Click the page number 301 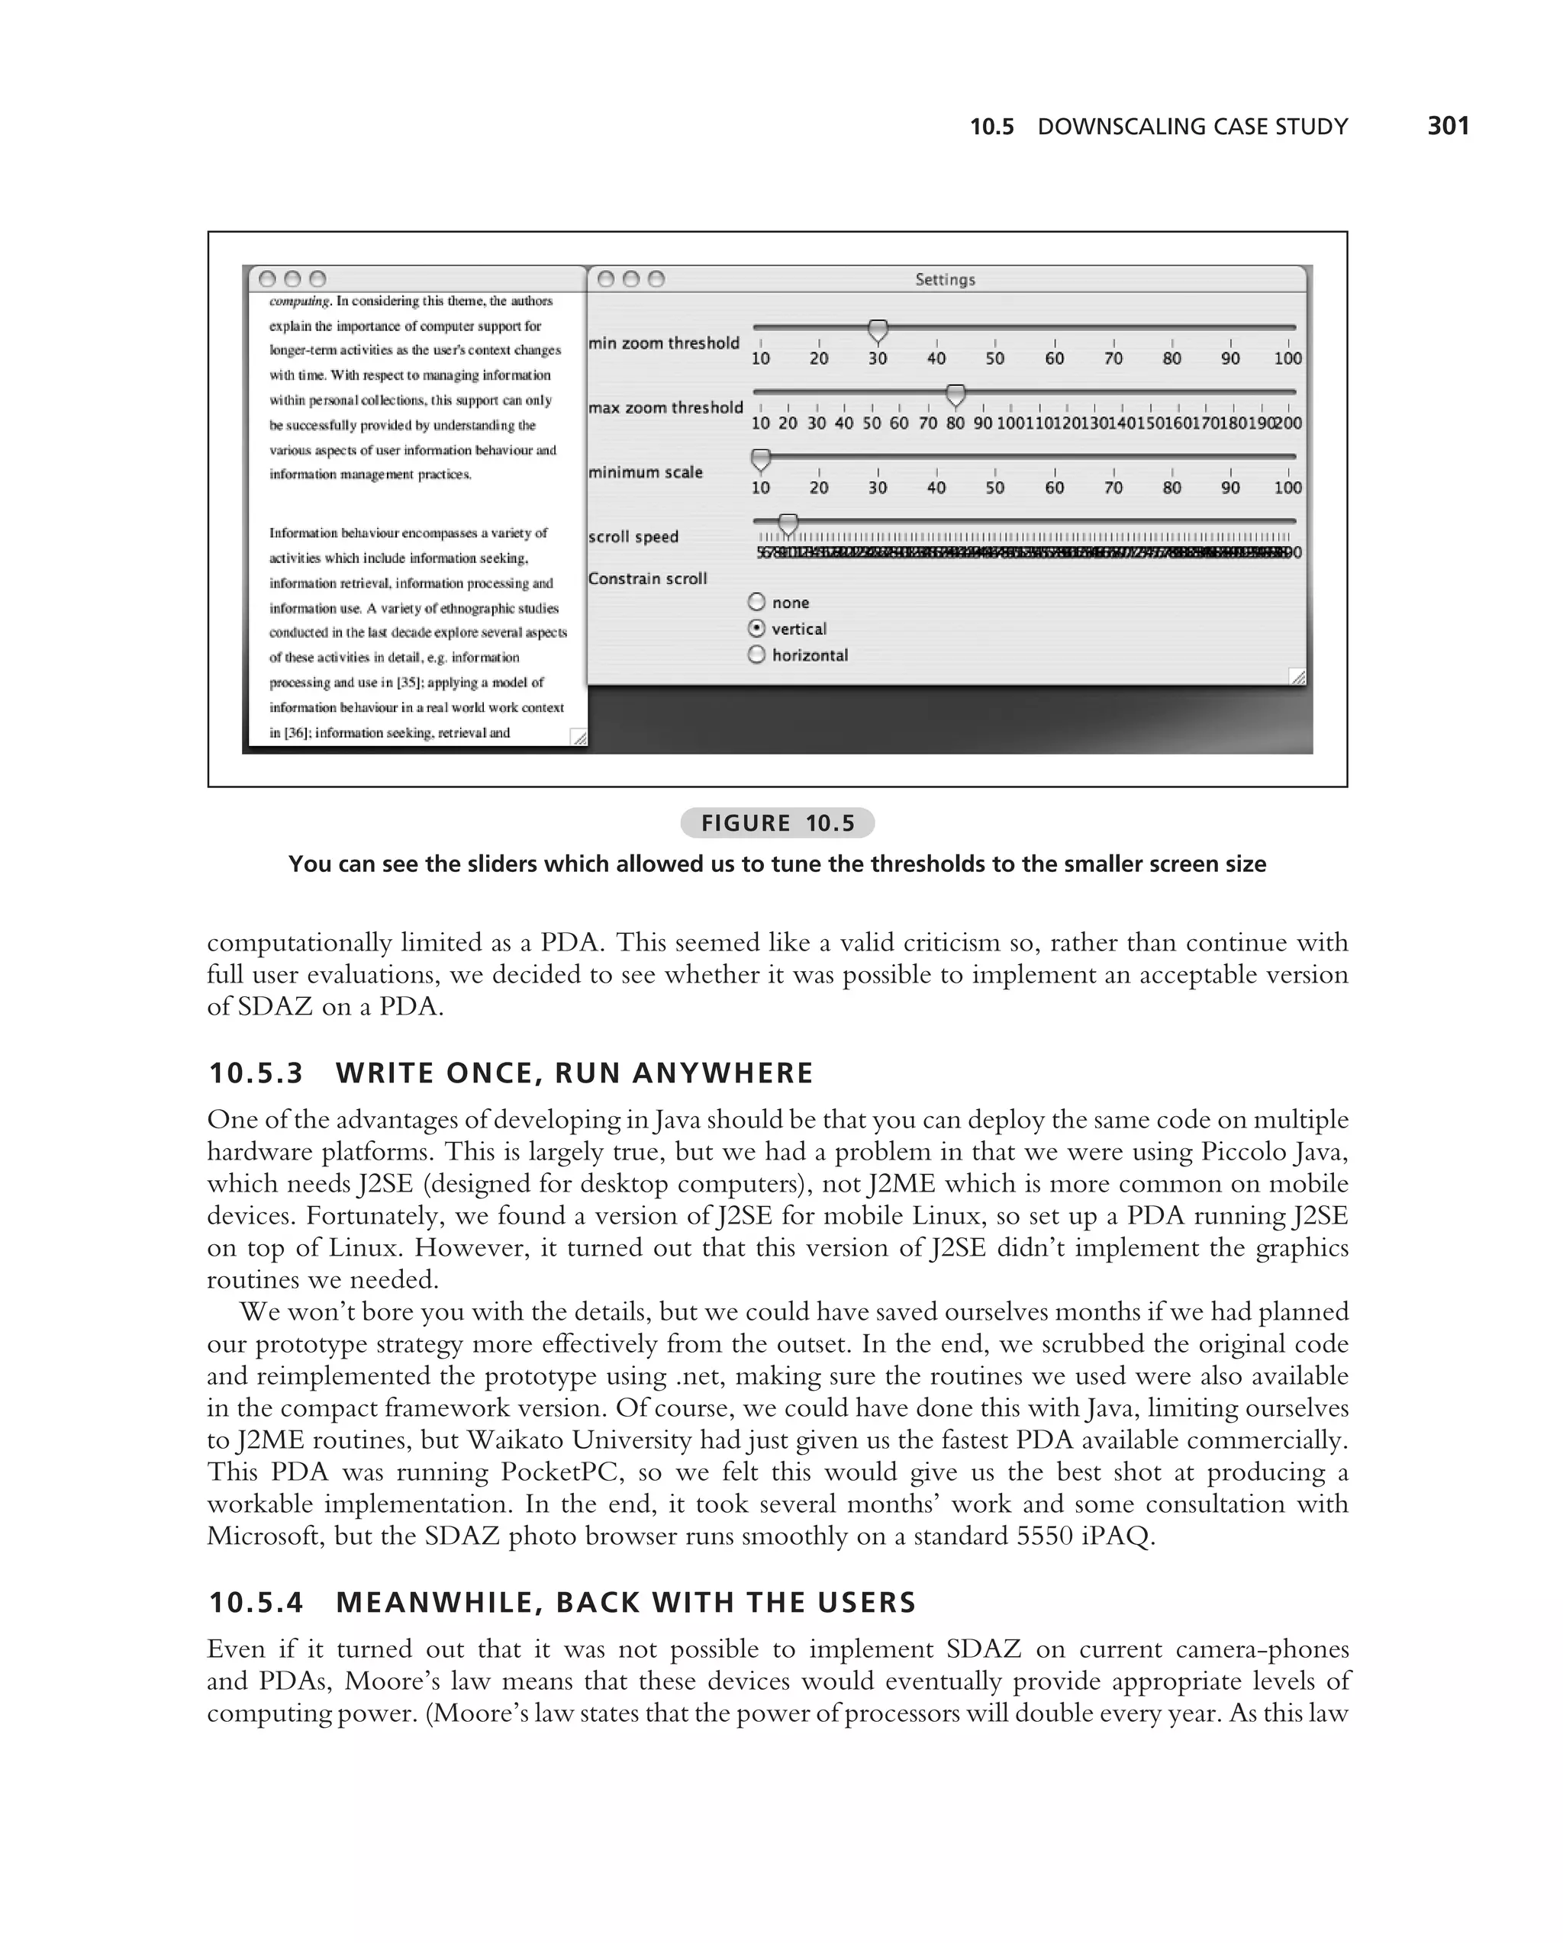[x=1448, y=125]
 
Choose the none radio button [x=757, y=602]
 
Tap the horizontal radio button [x=757, y=655]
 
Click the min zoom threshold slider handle [x=877, y=331]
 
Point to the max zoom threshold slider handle [x=956, y=394]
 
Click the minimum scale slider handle [x=761, y=459]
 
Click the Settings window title [x=945, y=279]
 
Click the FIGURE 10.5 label [x=777, y=823]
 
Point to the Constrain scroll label [x=647, y=578]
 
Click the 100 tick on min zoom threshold [x=1288, y=358]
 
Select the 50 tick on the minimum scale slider [x=994, y=487]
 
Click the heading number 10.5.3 [x=256, y=1073]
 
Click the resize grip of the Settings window [x=1297, y=676]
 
